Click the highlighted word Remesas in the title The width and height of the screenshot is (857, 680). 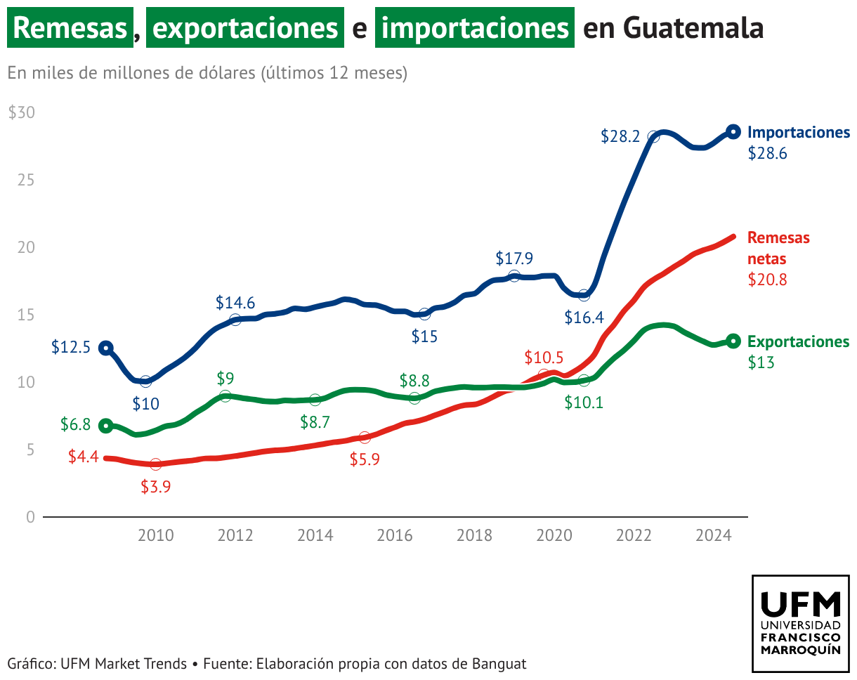pyautogui.click(x=70, y=28)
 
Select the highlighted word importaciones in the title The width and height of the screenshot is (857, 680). pyautogui.click(x=474, y=28)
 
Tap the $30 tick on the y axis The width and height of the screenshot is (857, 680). pyautogui.click(x=22, y=113)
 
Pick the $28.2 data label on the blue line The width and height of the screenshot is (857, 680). pyautogui.click(x=620, y=136)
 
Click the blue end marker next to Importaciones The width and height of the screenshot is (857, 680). pyautogui.click(x=733, y=131)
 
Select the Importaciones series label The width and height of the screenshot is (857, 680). pyautogui.click(x=799, y=132)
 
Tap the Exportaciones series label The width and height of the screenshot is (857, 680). pyautogui.click(x=799, y=341)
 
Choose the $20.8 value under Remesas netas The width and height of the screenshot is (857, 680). pyautogui.click(x=768, y=280)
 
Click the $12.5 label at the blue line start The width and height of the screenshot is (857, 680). pyautogui.click(x=71, y=347)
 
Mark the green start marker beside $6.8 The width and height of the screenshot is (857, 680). pyautogui.click(x=105, y=425)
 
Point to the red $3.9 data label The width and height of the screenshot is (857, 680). pyautogui.click(x=155, y=486)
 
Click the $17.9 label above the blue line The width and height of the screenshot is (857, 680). pyautogui.click(x=514, y=259)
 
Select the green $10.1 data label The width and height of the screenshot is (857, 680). pyautogui.click(x=584, y=403)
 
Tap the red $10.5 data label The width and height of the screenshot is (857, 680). pyautogui.click(x=544, y=358)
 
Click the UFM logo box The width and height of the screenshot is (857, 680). pyautogui.click(x=801, y=622)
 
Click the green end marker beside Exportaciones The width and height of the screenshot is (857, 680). pyautogui.click(x=733, y=341)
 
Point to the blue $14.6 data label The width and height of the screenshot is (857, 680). pyautogui.click(x=235, y=303)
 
